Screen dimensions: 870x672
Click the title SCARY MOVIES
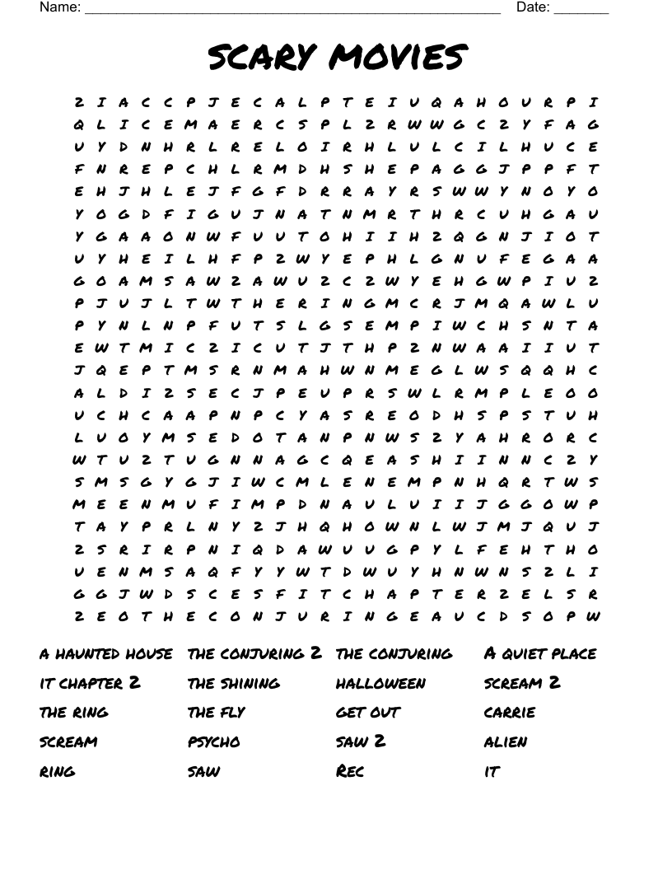(337, 58)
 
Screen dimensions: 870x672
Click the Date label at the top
(533, 7)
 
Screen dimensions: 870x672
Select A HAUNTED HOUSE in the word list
(106, 654)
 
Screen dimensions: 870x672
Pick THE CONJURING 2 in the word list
(254, 654)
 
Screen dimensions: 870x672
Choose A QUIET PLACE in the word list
(540, 654)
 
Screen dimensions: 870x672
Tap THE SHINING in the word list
(234, 684)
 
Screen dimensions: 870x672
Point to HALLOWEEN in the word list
(381, 684)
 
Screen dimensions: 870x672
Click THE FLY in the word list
(217, 713)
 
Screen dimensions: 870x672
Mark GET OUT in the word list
(368, 713)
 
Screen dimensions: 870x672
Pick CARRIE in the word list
(510, 713)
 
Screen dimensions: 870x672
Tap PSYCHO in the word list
(214, 742)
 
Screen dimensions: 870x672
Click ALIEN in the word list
(506, 742)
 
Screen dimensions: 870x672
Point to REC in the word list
(350, 772)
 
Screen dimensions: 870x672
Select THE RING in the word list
(74, 713)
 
